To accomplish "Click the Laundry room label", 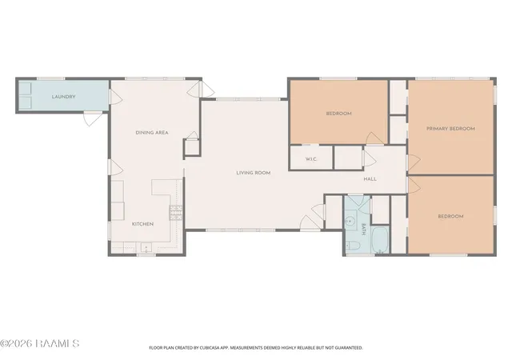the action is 64,97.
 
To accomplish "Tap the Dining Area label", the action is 152,133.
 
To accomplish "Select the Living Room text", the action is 254,173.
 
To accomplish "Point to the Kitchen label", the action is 142,224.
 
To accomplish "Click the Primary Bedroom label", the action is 450,129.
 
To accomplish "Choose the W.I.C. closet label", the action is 311,159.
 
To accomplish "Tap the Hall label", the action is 370,179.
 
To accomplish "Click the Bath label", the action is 364,230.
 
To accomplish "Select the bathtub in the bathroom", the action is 380,240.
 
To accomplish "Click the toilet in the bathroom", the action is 353,246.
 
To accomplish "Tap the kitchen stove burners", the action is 176,212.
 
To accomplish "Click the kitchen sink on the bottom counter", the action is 146,247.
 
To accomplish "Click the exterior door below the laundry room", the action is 93,119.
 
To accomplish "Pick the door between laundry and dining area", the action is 116,97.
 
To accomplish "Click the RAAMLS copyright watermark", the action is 40,344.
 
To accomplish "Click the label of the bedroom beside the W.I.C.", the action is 339,114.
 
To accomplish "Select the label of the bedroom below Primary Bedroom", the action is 450,216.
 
